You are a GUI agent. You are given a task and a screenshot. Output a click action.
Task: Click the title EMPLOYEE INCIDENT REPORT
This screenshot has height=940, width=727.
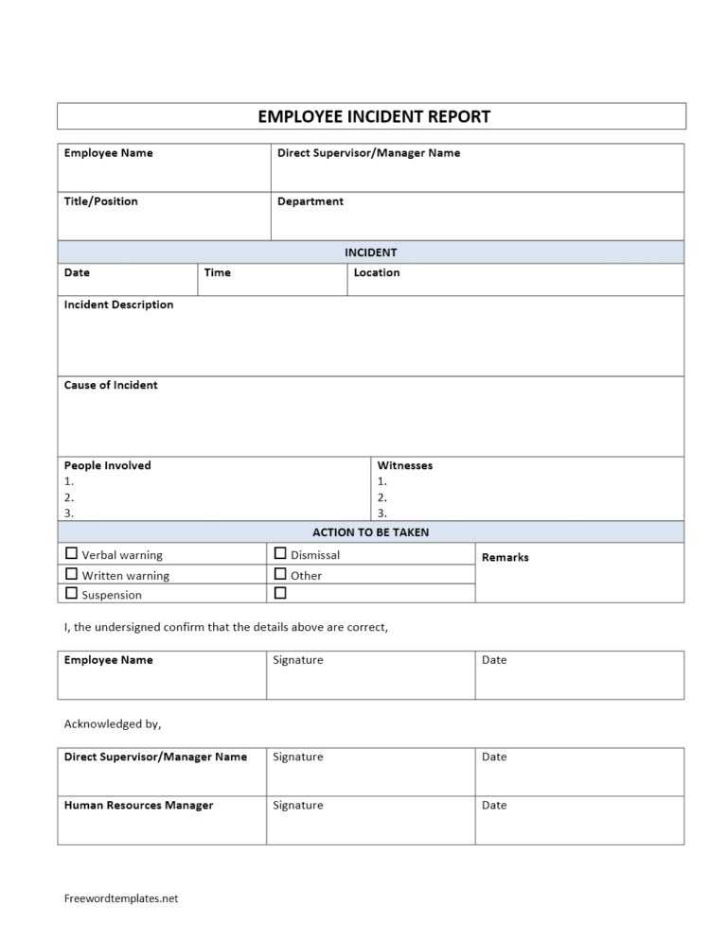374,117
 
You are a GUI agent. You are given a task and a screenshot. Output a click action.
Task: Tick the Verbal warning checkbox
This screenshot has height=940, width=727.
71,554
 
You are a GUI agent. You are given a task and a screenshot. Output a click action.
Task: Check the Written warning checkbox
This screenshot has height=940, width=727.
71,574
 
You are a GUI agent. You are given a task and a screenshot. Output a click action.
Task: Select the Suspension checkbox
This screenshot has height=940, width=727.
71,594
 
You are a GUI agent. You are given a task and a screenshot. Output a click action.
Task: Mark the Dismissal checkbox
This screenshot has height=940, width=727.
280,554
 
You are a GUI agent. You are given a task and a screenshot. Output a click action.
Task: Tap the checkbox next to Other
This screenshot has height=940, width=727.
280,574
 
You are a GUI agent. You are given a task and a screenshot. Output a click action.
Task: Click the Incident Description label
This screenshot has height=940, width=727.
118,305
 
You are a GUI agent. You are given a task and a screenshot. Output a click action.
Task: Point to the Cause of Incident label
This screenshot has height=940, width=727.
111,385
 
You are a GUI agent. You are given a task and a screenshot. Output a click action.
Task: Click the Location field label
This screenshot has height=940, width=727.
377,272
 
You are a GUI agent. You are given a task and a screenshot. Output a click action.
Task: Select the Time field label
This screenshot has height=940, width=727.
218,272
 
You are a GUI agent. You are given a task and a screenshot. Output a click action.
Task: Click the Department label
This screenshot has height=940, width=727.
310,201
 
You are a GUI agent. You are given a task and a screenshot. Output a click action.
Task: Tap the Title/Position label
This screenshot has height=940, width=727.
100,201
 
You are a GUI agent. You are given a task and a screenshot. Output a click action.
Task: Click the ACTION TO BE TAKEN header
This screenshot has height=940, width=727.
370,532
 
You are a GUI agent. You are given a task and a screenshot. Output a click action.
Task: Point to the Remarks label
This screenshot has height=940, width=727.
505,557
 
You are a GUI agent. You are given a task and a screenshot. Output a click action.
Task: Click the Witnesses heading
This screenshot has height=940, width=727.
405,465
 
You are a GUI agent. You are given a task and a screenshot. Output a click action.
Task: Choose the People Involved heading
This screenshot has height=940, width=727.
107,465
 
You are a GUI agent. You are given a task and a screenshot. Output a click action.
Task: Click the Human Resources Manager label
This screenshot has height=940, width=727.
138,806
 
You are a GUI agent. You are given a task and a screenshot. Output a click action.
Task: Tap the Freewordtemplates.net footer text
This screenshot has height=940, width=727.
121,898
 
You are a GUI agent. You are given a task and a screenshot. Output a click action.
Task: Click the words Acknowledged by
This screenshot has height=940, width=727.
113,724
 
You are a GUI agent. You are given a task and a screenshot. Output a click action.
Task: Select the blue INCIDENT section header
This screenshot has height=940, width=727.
370,252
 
